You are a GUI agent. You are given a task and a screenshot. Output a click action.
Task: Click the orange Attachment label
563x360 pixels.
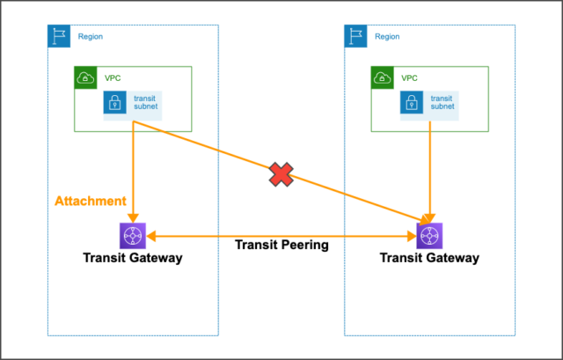click(x=90, y=202)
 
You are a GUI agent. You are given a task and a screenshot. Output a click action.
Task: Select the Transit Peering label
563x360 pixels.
click(x=281, y=246)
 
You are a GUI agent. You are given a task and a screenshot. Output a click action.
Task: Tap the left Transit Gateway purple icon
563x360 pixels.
click(x=132, y=236)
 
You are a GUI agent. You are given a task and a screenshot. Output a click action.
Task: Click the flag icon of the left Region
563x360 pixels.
click(x=59, y=36)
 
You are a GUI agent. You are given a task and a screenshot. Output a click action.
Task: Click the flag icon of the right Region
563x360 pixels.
click(x=355, y=36)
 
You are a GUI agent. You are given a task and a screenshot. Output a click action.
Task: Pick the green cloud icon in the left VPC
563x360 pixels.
click(x=85, y=77)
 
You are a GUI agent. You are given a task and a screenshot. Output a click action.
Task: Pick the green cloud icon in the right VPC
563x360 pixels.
click(x=382, y=77)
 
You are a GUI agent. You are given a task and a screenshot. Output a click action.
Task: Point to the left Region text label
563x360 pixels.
click(x=90, y=37)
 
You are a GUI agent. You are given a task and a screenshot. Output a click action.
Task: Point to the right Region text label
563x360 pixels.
click(x=386, y=37)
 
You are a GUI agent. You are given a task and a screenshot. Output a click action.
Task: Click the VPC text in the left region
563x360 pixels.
click(x=113, y=77)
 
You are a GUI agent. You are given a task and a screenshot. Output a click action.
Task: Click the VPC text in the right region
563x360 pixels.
click(x=409, y=77)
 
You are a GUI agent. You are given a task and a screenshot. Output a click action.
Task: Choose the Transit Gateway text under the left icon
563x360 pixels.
click(x=133, y=258)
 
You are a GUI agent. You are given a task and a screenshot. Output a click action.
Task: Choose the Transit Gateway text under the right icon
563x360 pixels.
click(x=429, y=258)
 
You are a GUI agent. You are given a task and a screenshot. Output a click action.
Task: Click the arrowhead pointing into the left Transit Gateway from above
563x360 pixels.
click(x=132, y=218)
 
